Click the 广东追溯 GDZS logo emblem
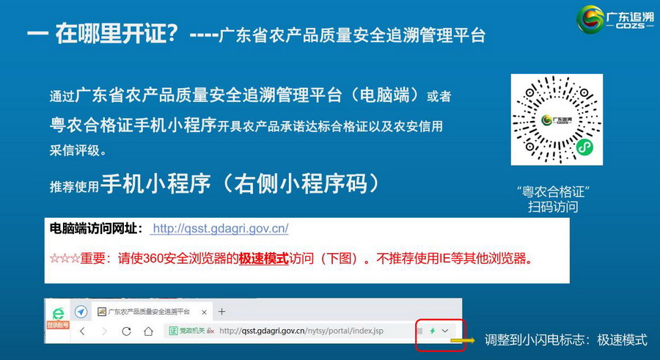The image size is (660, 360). tap(590, 19)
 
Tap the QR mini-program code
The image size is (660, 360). tap(557, 120)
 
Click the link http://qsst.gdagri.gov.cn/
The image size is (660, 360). tap(220, 229)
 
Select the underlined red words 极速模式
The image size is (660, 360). tap(264, 258)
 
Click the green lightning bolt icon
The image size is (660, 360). tap(432, 331)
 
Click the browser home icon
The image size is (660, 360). tap(148, 331)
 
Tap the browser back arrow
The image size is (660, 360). tap(82, 331)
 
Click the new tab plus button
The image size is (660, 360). tap(221, 312)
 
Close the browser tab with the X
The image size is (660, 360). tap(204, 312)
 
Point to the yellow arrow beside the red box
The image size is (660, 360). tap(463, 340)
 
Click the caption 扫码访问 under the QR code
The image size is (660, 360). tap(553, 207)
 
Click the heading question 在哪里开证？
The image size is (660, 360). tap(117, 33)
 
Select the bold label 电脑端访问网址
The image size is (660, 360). tap(93, 229)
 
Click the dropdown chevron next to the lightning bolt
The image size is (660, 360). tap(445, 331)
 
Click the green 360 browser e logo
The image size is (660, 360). tap(58, 314)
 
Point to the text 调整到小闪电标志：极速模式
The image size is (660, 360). tap(565, 339)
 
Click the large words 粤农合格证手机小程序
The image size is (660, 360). tap(133, 125)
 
